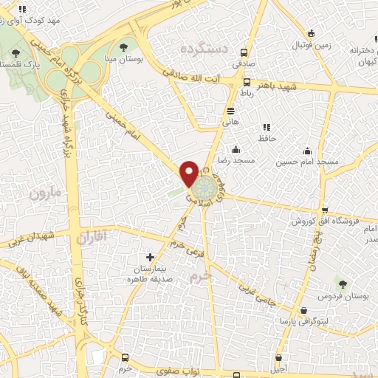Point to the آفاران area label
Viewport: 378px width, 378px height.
point(92,237)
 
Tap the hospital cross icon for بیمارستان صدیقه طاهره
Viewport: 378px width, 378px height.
point(151,257)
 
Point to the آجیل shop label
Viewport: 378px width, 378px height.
point(278,366)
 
